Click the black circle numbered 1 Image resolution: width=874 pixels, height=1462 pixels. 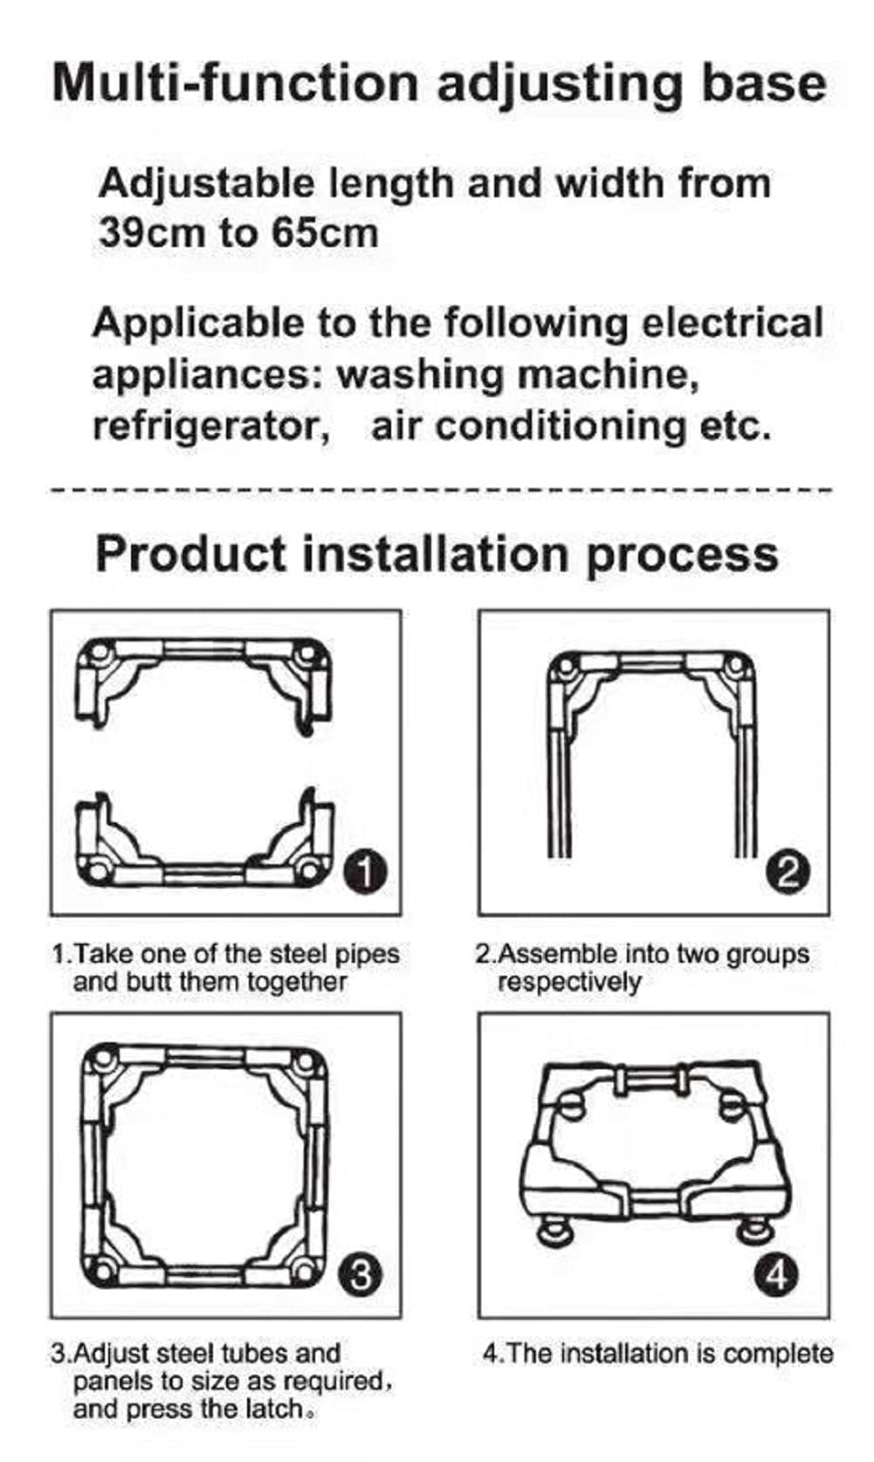pyautogui.click(x=366, y=872)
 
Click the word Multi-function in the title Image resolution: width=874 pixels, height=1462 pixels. pyautogui.click(x=235, y=83)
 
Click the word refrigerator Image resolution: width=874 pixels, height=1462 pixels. pyautogui.click(x=210, y=428)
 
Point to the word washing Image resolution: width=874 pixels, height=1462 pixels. pyautogui.click(x=420, y=375)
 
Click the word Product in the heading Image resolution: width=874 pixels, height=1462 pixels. pyautogui.click(x=190, y=554)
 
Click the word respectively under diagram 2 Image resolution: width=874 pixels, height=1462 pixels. pyautogui.click(x=570, y=982)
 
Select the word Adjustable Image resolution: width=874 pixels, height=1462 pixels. pyautogui.click(x=207, y=184)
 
